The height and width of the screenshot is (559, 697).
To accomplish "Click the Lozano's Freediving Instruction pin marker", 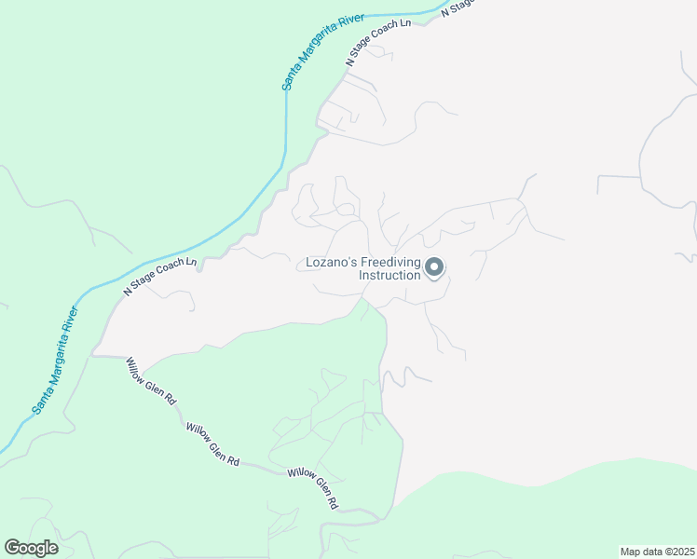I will [x=434, y=268].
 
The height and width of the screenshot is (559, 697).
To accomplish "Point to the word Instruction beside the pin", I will [x=389, y=276].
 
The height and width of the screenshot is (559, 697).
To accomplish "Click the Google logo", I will [x=31, y=548].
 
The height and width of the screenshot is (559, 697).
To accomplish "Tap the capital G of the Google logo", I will [x=12, y=548].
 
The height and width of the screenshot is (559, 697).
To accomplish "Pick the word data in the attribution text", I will [x=650, y=552].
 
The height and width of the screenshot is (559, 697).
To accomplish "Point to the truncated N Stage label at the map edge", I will [x=458, y=7].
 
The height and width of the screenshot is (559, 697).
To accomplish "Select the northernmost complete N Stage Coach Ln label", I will [x=378, y=42].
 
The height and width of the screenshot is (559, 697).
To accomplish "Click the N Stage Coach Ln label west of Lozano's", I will [x=160, y=276].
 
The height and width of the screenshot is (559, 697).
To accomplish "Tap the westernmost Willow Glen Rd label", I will [x=151, y=382].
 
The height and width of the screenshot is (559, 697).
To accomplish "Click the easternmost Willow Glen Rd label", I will [x=313, y=486].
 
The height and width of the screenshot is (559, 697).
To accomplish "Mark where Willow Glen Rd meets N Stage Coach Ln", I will [x=93, y=355].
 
